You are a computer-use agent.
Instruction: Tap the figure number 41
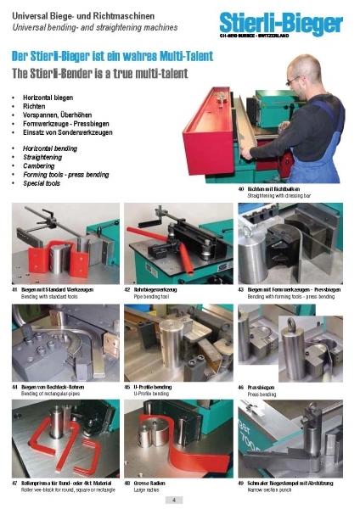point(14,289)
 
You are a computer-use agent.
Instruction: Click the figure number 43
point(241,289)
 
